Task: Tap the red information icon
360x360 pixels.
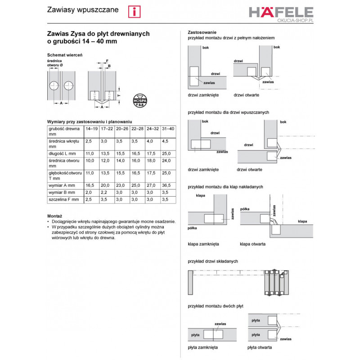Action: click(134, 12)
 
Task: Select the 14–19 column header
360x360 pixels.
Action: click(91, 129)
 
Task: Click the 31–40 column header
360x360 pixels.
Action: click(168, 129)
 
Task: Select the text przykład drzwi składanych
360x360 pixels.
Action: click(212, 261)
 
